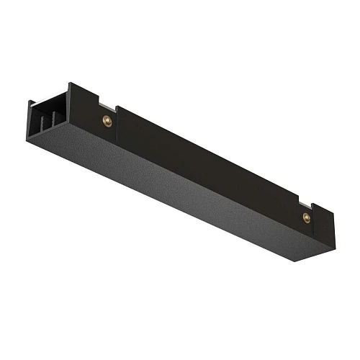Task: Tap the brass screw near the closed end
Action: (x=305, y=216)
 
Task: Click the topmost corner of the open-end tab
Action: (x=71, y=82)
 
